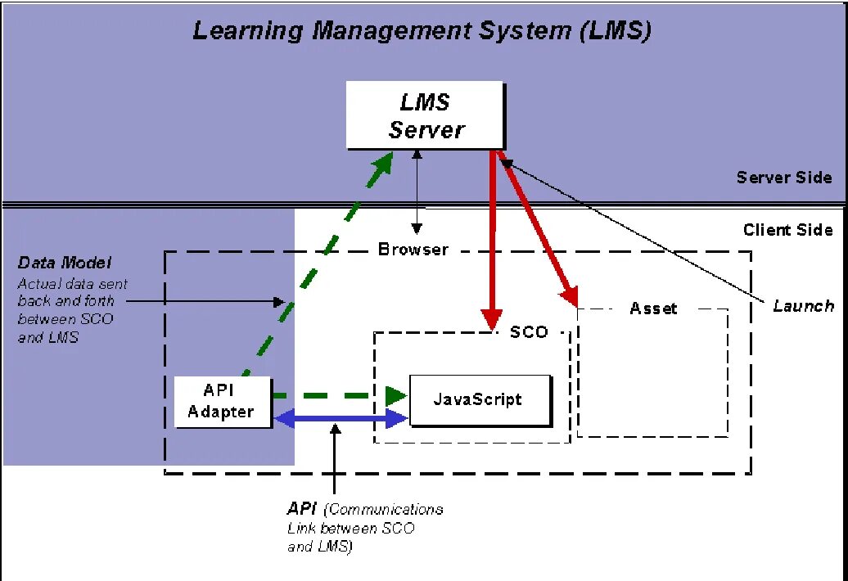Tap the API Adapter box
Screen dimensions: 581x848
(x=221, y=401)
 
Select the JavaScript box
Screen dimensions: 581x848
(x=479, y=399)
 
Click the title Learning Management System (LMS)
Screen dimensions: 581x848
(x=422, y=31)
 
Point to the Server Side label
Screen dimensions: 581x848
(x=783, y=178)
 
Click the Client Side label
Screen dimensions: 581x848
(x=787, y=230)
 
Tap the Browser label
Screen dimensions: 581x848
(x=413, y=250)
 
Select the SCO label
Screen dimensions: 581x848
(x=529, y=332)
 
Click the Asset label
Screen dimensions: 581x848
(x=653, y=309)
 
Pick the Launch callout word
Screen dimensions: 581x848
(x=803, y=305)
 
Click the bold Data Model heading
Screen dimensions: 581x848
(x=65, y=263)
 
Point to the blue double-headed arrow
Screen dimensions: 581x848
(x=341, y=419)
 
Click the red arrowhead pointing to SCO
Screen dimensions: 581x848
(x=491, y=319)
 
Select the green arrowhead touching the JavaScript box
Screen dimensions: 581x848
(x=397, y=395)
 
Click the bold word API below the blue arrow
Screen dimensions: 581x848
(x=302, y=509)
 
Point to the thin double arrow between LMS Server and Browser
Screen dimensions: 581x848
(x=418, y=193)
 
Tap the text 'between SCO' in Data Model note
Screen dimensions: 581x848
(x=65, y=319)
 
